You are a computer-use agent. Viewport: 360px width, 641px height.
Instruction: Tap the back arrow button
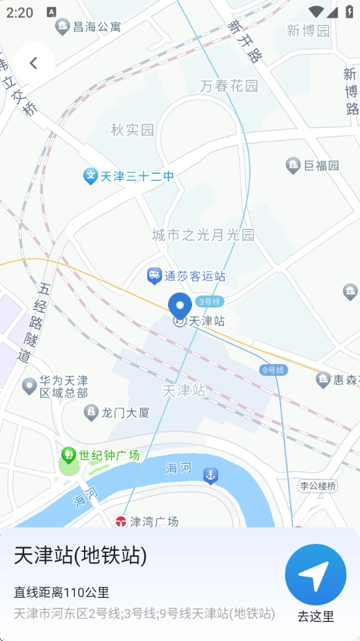pyautogui.click(x=34, y=63)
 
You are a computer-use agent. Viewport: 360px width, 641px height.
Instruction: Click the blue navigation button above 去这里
pyautogui.click(x=316, y=575)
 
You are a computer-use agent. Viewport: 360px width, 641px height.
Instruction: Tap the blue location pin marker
pyautogui.click(x=180, y=306)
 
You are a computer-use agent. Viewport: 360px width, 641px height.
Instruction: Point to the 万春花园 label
pyautogui.click(x=229, y=85)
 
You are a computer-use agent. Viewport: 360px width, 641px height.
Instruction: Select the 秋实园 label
pyautogui.click(x=132, y=130)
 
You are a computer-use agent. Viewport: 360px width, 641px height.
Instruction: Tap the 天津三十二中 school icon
pyautogui.click(x=90, y=176)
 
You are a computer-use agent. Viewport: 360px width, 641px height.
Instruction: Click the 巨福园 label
pyautogui.click(x=322, y=165)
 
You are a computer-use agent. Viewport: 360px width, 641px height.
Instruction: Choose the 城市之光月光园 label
pyautogui.click(x=203, y=235)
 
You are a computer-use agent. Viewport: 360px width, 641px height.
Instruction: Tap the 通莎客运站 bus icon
pyautogui.click(x=154, y=276)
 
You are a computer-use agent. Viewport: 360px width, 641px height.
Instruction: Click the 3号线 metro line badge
pyautogui.click(x=210, y=301)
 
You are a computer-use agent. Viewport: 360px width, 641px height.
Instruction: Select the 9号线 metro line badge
pyautogui.click(x=273, y=370)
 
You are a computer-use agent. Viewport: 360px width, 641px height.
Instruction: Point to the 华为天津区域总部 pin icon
pyautogui.click(x=29, y=386)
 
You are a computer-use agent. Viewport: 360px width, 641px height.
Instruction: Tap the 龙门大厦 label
pyautogui.click(x=126, y=412)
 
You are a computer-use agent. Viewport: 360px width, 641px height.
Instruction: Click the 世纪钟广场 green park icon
pyautogui.click(x=68, y=455)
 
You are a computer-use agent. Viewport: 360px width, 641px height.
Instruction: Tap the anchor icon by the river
pyautogui.click(x=210, y=476)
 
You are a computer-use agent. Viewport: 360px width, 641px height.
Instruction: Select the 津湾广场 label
pyautogui.click(x=154, y=522)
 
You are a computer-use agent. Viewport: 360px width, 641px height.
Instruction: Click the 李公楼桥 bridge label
pyautogui.click(x=318, y=486)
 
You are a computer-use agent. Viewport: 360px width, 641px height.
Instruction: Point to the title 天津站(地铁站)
pyautogui.click(x=81, y=556)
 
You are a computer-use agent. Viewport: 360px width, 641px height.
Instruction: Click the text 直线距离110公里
pyautogui.click(x=62, y=592)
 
